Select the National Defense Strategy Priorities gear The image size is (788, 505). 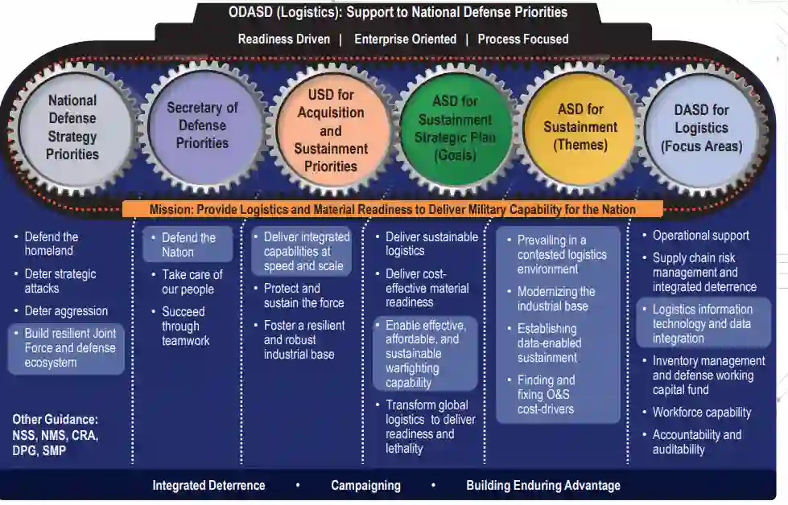72,127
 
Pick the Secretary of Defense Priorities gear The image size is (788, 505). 202,125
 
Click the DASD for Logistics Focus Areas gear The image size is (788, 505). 701,129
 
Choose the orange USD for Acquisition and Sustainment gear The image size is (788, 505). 331,130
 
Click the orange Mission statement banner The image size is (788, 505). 393,210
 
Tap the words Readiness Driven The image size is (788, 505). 284,39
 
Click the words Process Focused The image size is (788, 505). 522,39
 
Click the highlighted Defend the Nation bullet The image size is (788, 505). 188,244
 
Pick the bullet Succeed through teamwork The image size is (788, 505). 184,326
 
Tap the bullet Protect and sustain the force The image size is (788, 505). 303,295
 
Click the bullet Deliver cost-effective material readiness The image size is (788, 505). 426,288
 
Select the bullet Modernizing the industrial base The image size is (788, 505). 556,298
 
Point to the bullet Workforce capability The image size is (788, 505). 701,413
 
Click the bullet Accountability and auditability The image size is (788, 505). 696,442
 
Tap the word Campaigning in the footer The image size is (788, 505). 365,486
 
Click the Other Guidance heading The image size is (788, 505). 55,420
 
